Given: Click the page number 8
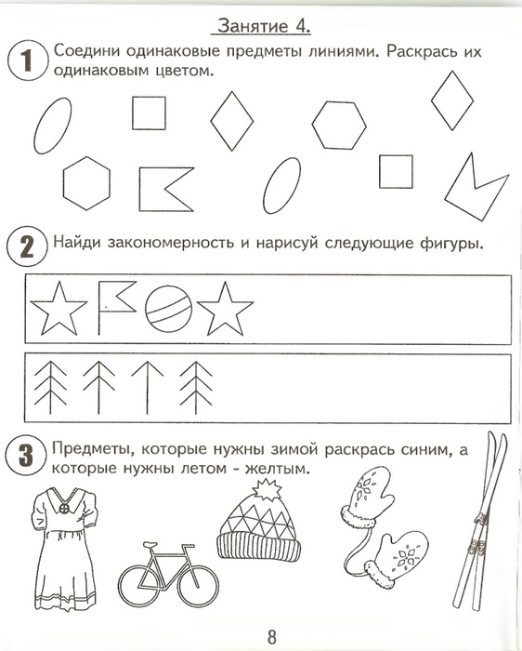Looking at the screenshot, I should [271, 637].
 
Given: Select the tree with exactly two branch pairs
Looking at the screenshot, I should [98, 383].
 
